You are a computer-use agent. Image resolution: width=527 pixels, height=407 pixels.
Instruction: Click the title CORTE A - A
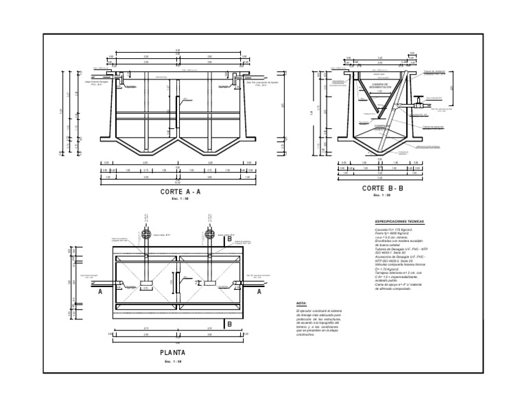[180, 193]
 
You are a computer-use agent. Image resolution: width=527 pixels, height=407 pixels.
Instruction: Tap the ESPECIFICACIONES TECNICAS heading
[399, 222]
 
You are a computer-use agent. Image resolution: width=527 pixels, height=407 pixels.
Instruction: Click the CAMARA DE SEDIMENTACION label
[377, 86]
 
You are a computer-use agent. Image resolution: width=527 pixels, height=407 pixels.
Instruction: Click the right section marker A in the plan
[259, 292]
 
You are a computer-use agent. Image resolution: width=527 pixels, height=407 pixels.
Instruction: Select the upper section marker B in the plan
[230, 221]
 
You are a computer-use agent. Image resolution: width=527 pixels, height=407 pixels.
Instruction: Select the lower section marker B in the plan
[230, 325]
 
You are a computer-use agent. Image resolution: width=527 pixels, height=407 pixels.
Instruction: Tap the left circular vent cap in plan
[148, 234]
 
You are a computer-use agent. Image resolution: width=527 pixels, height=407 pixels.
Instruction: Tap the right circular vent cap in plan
[207, 234]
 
